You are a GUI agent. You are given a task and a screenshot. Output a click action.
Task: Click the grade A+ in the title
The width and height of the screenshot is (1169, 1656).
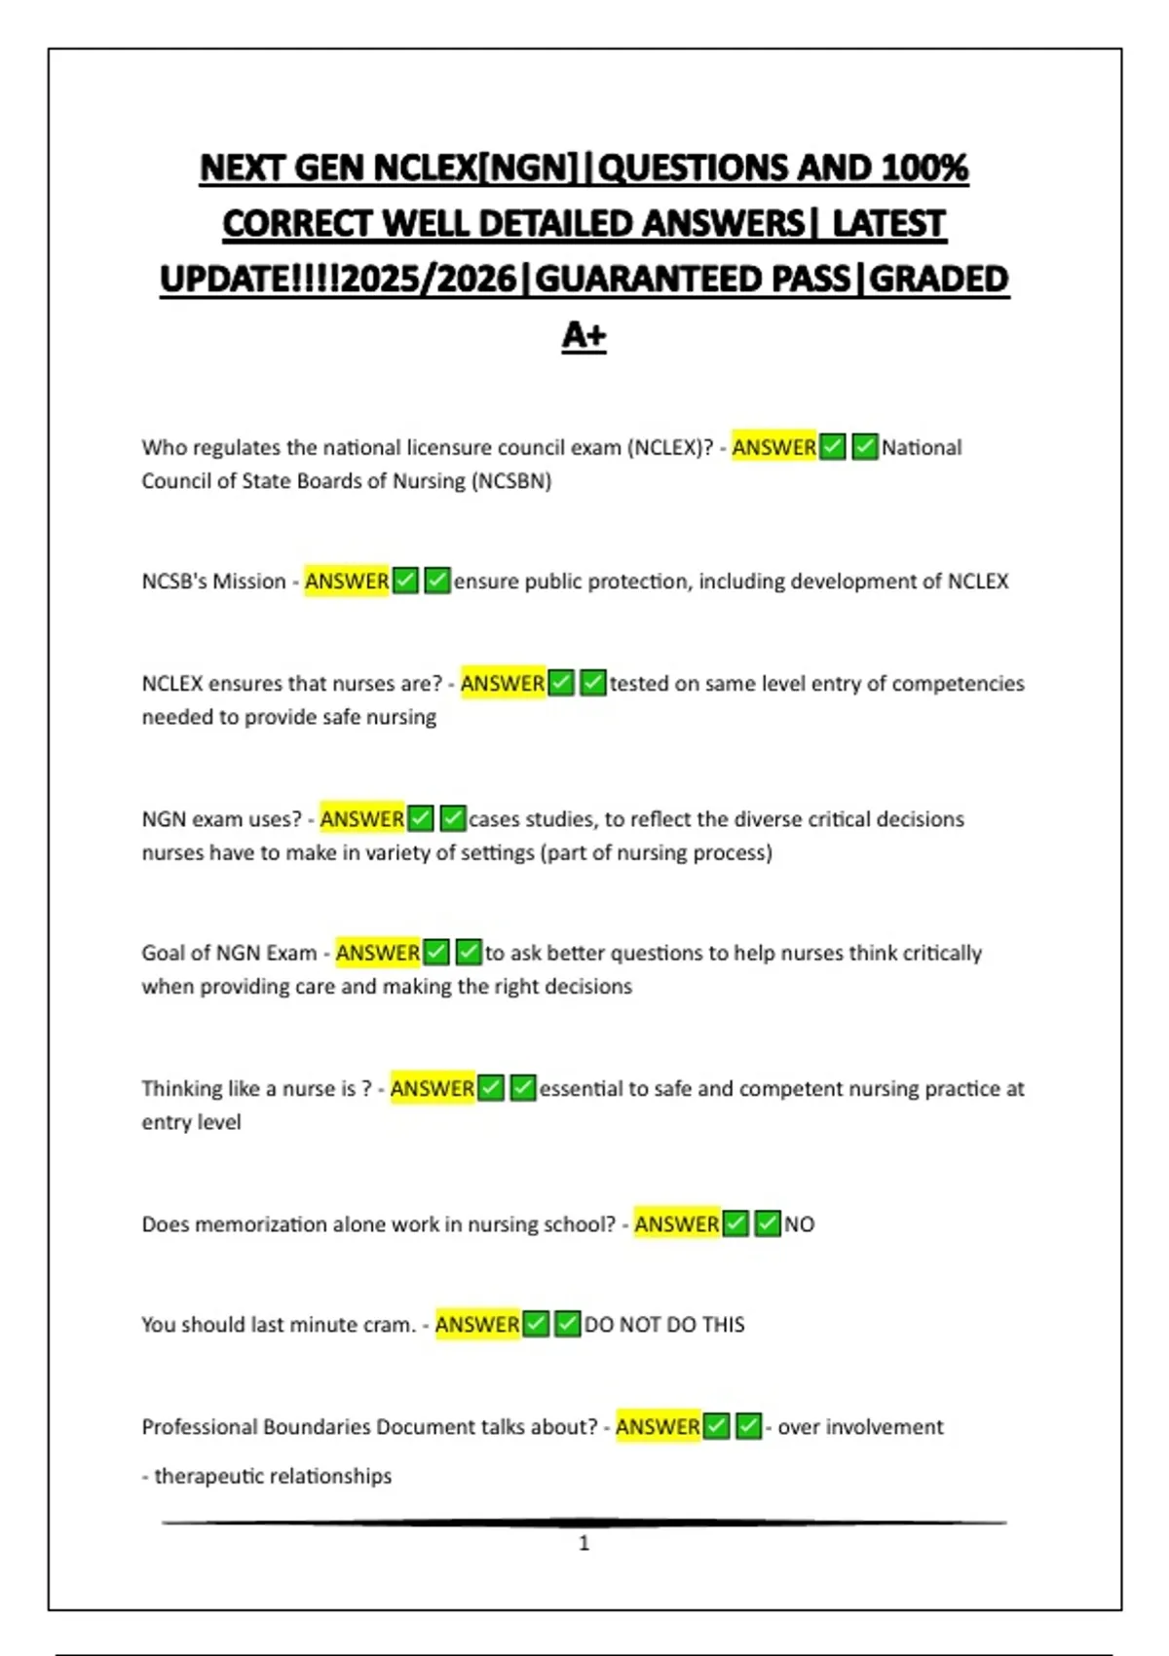(x=584, y=335)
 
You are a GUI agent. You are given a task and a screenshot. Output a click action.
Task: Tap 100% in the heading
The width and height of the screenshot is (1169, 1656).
(x=924, y=169)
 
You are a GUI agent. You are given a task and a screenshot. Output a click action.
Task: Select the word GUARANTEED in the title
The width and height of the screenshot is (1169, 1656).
(x=692, y=280)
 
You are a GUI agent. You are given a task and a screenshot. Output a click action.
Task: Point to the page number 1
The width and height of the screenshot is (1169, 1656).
(x=584, y=1543)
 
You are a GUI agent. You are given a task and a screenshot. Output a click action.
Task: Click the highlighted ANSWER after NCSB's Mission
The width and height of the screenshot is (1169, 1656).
(x=347, y=582)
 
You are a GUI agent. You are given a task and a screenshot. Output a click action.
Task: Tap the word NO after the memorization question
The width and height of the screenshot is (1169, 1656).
(x=799, y=1224)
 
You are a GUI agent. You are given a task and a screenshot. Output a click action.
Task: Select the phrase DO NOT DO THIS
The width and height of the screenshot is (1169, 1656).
(x=664, y=1325)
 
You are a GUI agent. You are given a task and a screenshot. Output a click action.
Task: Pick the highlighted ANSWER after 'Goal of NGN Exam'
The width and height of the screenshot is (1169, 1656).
(x=378, y=953)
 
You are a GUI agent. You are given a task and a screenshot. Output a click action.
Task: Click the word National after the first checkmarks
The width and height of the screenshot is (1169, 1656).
(x=922, y=448)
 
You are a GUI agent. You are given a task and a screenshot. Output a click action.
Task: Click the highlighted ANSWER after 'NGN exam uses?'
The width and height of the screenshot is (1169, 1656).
(x=361, y=819)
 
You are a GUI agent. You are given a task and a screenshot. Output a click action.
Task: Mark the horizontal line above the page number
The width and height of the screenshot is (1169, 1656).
(x=584, y=1522)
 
